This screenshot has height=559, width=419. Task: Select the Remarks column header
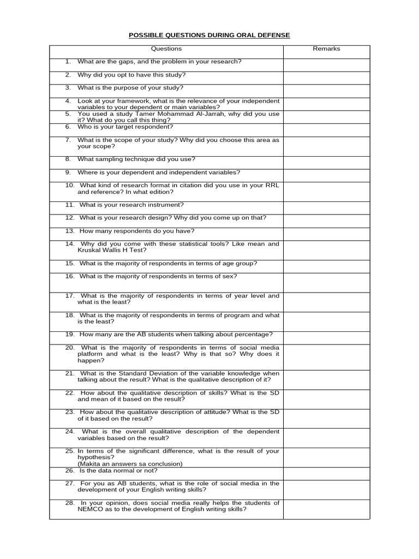326,49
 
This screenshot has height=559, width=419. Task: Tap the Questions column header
166,49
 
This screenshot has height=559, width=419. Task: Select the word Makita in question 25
91,463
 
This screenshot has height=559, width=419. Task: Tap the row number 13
69,230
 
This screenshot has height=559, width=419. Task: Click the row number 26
69,470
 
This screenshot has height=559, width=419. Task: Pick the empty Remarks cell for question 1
326,64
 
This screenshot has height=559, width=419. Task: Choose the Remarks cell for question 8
326,162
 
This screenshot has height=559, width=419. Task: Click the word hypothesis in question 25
94,457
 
